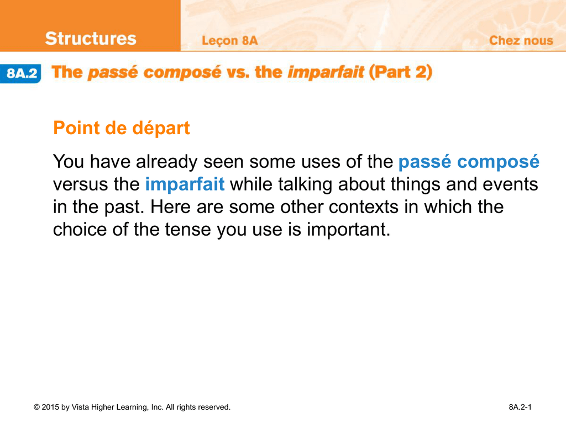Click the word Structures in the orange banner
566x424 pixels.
[91, 38]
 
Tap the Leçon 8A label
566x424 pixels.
[229, 41]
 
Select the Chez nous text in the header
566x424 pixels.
[521, 40]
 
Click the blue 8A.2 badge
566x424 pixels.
[20, 73]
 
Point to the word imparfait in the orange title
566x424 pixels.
[326, 72]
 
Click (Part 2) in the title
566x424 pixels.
[400, 72]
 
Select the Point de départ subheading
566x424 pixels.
[121, 128]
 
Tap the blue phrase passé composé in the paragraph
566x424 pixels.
[469, 162]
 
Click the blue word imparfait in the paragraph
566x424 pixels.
[185, 184]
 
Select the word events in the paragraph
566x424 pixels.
[510, 184]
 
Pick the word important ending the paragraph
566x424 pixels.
[349, 230]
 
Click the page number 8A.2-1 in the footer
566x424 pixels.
[520, 407]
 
